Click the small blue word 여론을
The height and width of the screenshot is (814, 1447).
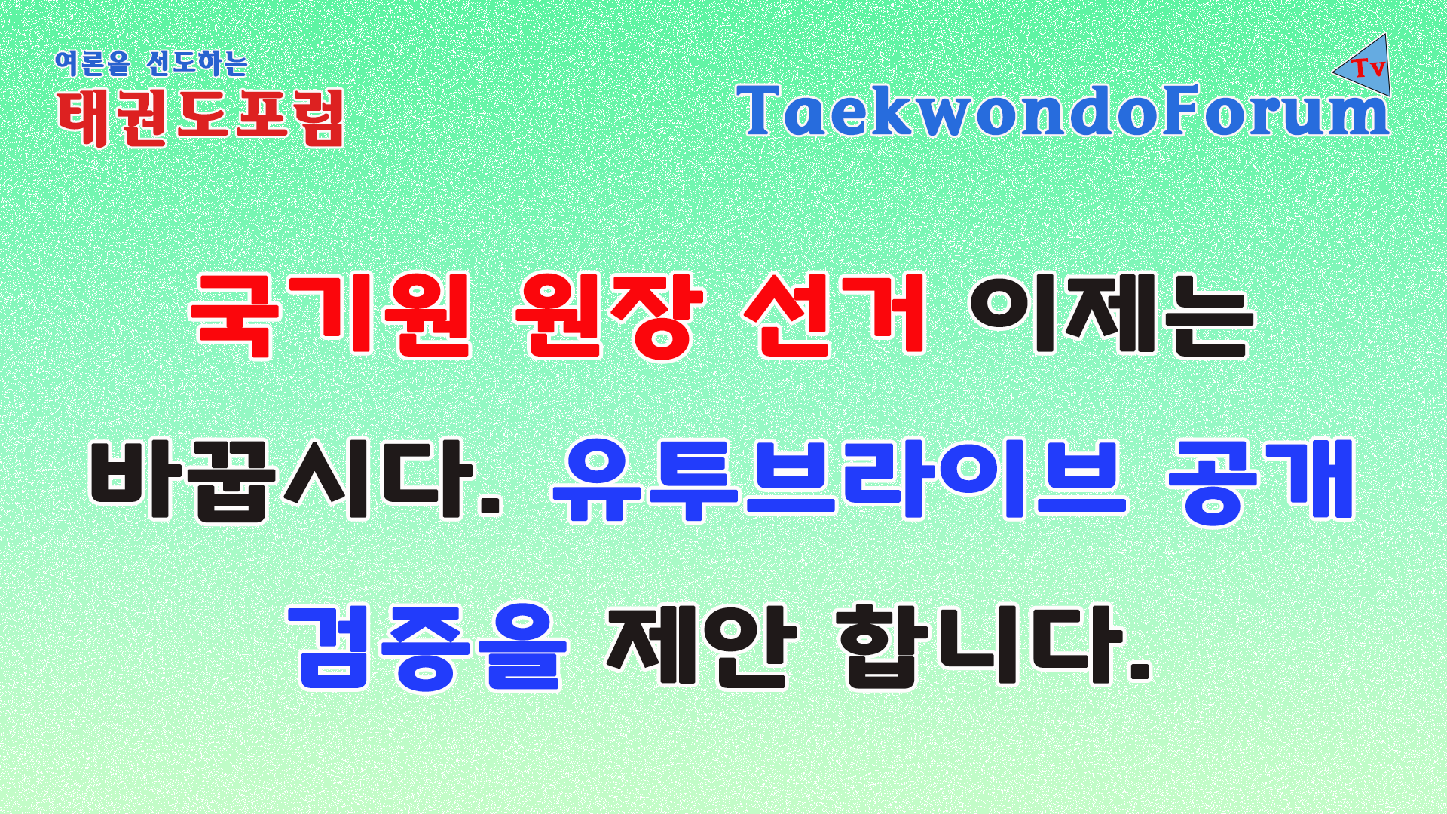click(x=93, y=63)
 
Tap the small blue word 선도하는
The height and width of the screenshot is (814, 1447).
click(x=197, y=63)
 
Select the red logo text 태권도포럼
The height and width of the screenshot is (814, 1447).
click(x=201, y=118)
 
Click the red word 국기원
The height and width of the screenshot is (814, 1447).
click(x=331, y=314)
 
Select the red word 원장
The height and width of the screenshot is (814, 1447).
click(x=608, y=314)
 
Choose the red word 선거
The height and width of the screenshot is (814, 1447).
click(x=835, y=314)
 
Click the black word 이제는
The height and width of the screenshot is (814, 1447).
click(x=1111, y=314)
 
